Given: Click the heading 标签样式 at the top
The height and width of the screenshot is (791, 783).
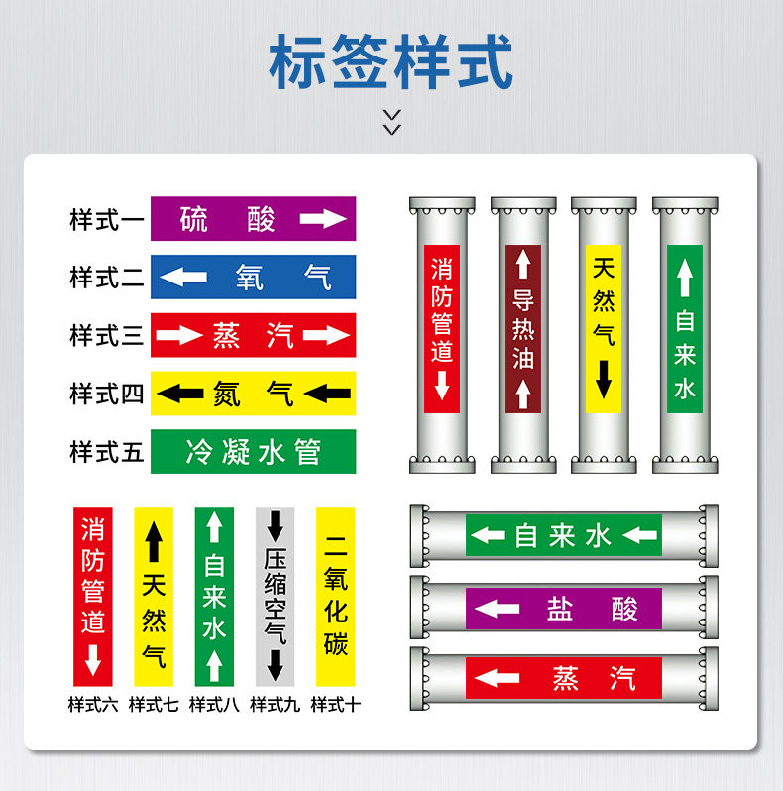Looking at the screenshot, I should click(391, 61).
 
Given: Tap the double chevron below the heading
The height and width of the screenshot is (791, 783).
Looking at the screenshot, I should click(391, 122).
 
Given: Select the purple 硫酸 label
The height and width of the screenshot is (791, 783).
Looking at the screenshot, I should click(253, 218).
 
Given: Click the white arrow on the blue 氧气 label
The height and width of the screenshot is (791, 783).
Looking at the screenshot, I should click(183, 278).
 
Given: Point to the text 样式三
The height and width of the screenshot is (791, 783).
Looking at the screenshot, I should click(107, 336).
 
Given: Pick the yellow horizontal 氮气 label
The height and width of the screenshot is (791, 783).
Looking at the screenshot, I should click(253, 394).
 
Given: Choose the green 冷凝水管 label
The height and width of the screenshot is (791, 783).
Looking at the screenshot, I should click(253, 452).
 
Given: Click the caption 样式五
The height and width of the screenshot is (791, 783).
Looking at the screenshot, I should click(107, 452).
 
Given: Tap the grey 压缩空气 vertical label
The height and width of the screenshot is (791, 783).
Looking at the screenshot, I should click(275, 596).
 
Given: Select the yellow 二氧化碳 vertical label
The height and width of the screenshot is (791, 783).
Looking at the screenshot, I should click(336, 596).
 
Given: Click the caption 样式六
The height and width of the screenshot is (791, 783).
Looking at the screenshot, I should click(93, 705).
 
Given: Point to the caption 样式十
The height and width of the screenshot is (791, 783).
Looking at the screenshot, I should click(335, 705).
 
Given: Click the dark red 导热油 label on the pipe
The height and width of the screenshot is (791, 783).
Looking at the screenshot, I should click(523, 328).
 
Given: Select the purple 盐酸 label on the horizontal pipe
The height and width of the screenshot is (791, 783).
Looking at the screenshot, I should click(564, 609).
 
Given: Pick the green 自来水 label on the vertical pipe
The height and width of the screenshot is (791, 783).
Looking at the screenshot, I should click(684, 328).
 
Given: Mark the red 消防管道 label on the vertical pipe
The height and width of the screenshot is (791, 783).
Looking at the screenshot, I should click(442, 328).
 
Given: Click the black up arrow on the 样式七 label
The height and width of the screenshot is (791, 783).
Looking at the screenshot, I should click(154, 542).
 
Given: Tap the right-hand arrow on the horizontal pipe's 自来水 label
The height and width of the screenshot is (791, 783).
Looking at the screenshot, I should click(640, 536).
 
